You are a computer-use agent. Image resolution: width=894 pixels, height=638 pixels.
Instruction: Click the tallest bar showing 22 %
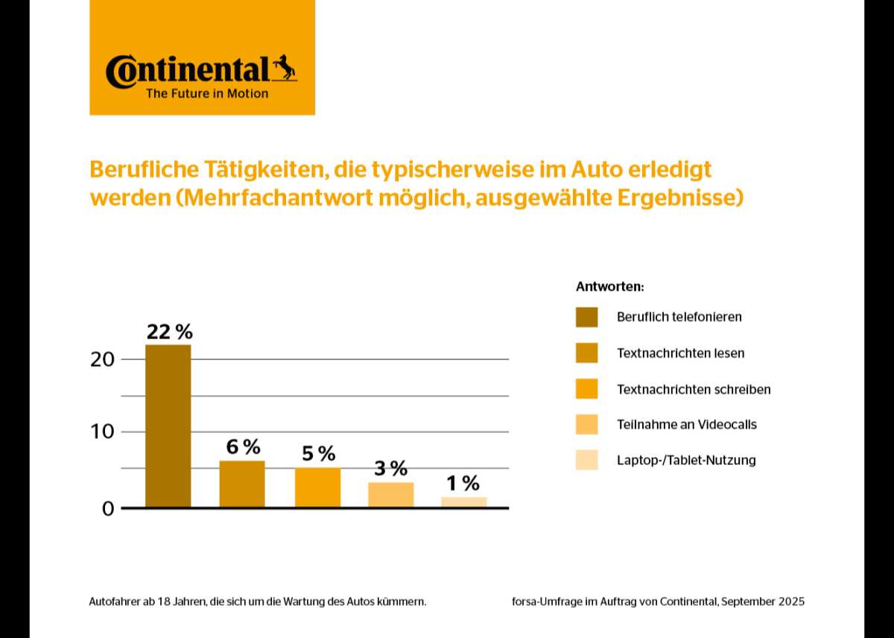[168, 426]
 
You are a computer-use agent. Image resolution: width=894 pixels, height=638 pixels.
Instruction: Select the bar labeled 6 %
[241, 484]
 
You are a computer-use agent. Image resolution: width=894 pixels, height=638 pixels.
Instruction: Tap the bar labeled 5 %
[317, 487]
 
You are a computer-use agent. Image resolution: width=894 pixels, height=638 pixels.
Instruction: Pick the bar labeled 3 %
[390, 495]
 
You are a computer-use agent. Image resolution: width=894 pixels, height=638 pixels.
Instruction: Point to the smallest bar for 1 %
[464, 502]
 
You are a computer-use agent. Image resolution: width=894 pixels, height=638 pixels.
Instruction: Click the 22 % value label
[169, 332]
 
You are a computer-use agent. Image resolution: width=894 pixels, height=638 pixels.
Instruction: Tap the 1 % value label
[464, 484]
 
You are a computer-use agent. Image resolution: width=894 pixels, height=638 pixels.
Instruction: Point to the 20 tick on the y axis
[102, 359]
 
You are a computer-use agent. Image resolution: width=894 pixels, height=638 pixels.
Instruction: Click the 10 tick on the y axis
[102, 432]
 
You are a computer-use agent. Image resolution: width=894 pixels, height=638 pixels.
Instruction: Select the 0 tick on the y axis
[107, 509]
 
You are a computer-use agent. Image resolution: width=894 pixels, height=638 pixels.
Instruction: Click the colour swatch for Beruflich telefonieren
[586, 317]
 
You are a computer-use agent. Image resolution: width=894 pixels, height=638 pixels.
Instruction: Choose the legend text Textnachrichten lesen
[680, 353]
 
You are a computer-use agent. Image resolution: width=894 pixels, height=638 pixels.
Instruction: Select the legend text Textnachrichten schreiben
[694, 389]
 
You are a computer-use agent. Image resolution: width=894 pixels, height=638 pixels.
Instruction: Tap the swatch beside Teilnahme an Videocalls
[586, 425]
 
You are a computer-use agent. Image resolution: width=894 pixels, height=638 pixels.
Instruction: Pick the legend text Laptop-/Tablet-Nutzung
[686, 460]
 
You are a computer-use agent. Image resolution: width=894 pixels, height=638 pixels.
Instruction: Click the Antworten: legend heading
[609, 286]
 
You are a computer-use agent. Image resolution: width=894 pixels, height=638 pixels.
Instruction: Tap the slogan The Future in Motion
[207, 94]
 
